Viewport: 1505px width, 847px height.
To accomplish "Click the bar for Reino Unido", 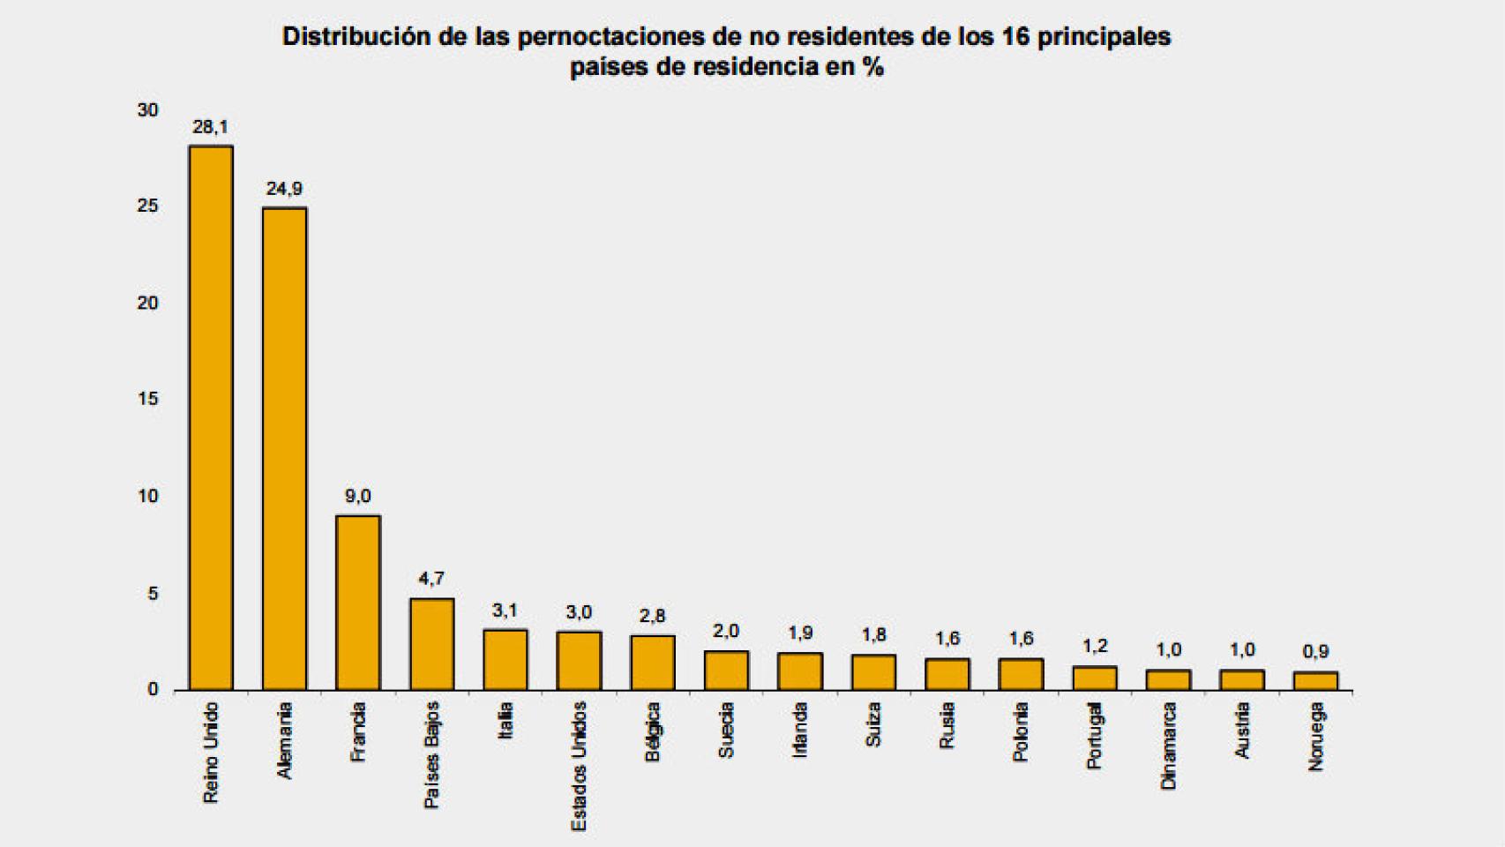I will [x=211, y=418].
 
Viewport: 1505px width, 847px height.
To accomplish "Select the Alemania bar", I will [x=284, y=449].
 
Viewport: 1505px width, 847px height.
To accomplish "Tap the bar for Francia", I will [x=358, y=603].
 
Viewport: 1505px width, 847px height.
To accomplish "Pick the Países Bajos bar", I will [x=431, y=644].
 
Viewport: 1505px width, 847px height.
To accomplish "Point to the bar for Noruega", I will [x=1315, y=681].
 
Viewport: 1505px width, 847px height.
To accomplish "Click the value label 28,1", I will [x=210, y=127].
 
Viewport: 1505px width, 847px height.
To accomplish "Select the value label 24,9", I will [x=284, y=189].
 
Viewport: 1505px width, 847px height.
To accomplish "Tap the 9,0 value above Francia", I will [x=357, y=497].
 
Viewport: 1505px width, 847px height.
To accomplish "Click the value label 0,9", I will [x=1315, y=652].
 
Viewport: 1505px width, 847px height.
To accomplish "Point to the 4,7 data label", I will [x=431, y=579].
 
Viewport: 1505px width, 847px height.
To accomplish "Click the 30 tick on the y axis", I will [x=147, y=110].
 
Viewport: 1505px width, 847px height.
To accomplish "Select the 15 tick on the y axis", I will [x=147, y=400].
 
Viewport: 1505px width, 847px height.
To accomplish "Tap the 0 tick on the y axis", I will [x=153, y=689].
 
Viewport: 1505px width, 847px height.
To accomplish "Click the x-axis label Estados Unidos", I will [x=579, y=766].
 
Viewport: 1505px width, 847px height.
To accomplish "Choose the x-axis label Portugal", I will [x=1095, y=736].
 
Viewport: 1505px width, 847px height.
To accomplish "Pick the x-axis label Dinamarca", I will [x=1169, y=746].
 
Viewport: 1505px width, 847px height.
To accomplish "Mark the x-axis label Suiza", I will [x=873, y=725].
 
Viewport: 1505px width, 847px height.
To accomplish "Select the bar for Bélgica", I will [x=653, y=663].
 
